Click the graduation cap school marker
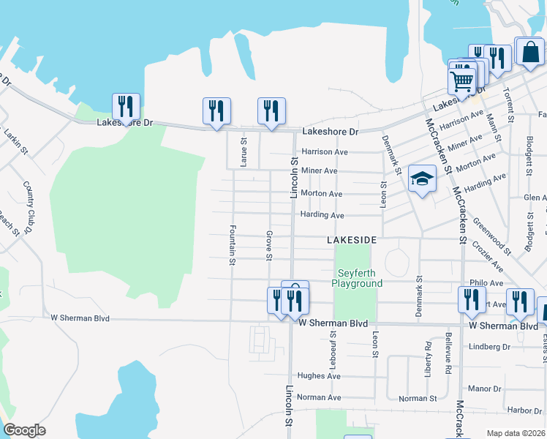point(422,179)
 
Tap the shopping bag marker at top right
point(529,52)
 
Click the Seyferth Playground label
point(357,277)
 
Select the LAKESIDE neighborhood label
point(352,240)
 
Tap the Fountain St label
point(233,244)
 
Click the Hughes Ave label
point(324,376)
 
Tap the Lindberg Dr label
point(489,346)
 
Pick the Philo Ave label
point(486,282)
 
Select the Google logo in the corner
point(24,430)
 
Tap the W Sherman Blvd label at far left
point(80,318)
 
